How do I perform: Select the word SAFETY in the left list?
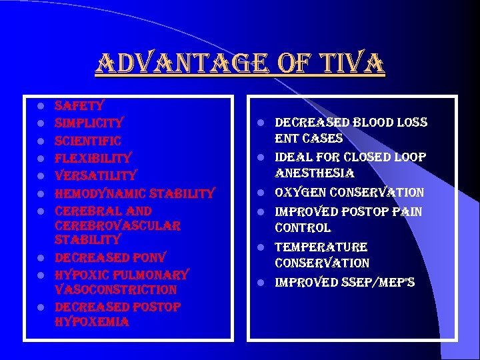[x=79, y=105]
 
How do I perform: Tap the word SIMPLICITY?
[x=89, y=123]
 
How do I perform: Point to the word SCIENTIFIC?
[x=87, y=141]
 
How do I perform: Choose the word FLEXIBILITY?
[x=93, y=158]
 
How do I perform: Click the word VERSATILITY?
[x=95, y=175]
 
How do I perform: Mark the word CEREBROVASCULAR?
[x=117, y=226]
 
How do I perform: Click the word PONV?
[x=149, y=257]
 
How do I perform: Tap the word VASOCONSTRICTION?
[x=115, y=290]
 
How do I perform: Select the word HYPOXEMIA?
[x=92, y=323]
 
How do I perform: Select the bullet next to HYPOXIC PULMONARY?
[x=41, y=275]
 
